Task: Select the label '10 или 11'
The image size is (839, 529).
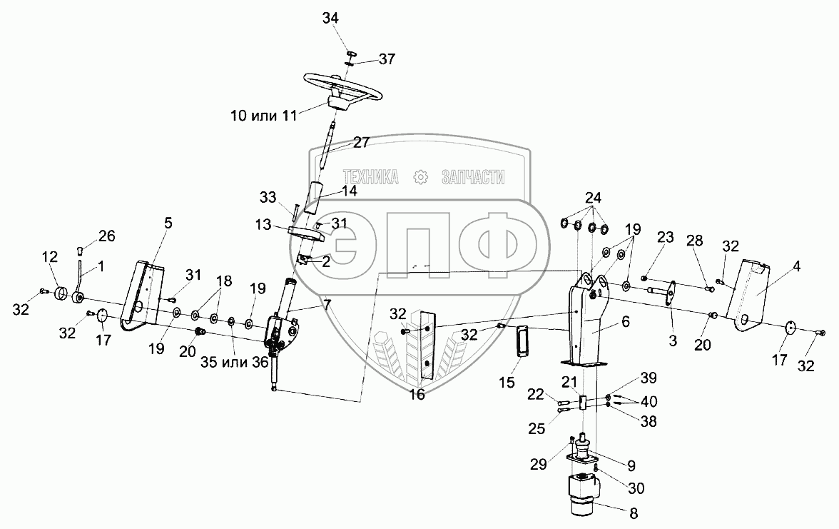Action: [x=264, y=116]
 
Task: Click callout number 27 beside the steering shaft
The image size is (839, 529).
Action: [x=361, y=142]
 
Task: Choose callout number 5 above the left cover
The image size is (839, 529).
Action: [x=168, y=222]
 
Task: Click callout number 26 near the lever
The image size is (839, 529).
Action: [x=106, y=236]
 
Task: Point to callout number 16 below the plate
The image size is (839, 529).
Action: [x=417, y=393]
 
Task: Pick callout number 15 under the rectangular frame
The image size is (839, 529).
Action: [x=507, y=383]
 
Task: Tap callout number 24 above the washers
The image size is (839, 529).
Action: [x=594, y=197]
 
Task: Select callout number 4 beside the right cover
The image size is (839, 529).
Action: [x=796, y=268]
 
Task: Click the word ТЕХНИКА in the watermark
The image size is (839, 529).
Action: [x=370, y=176]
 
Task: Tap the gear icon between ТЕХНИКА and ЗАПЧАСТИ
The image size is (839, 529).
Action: [x=420, y=176]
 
